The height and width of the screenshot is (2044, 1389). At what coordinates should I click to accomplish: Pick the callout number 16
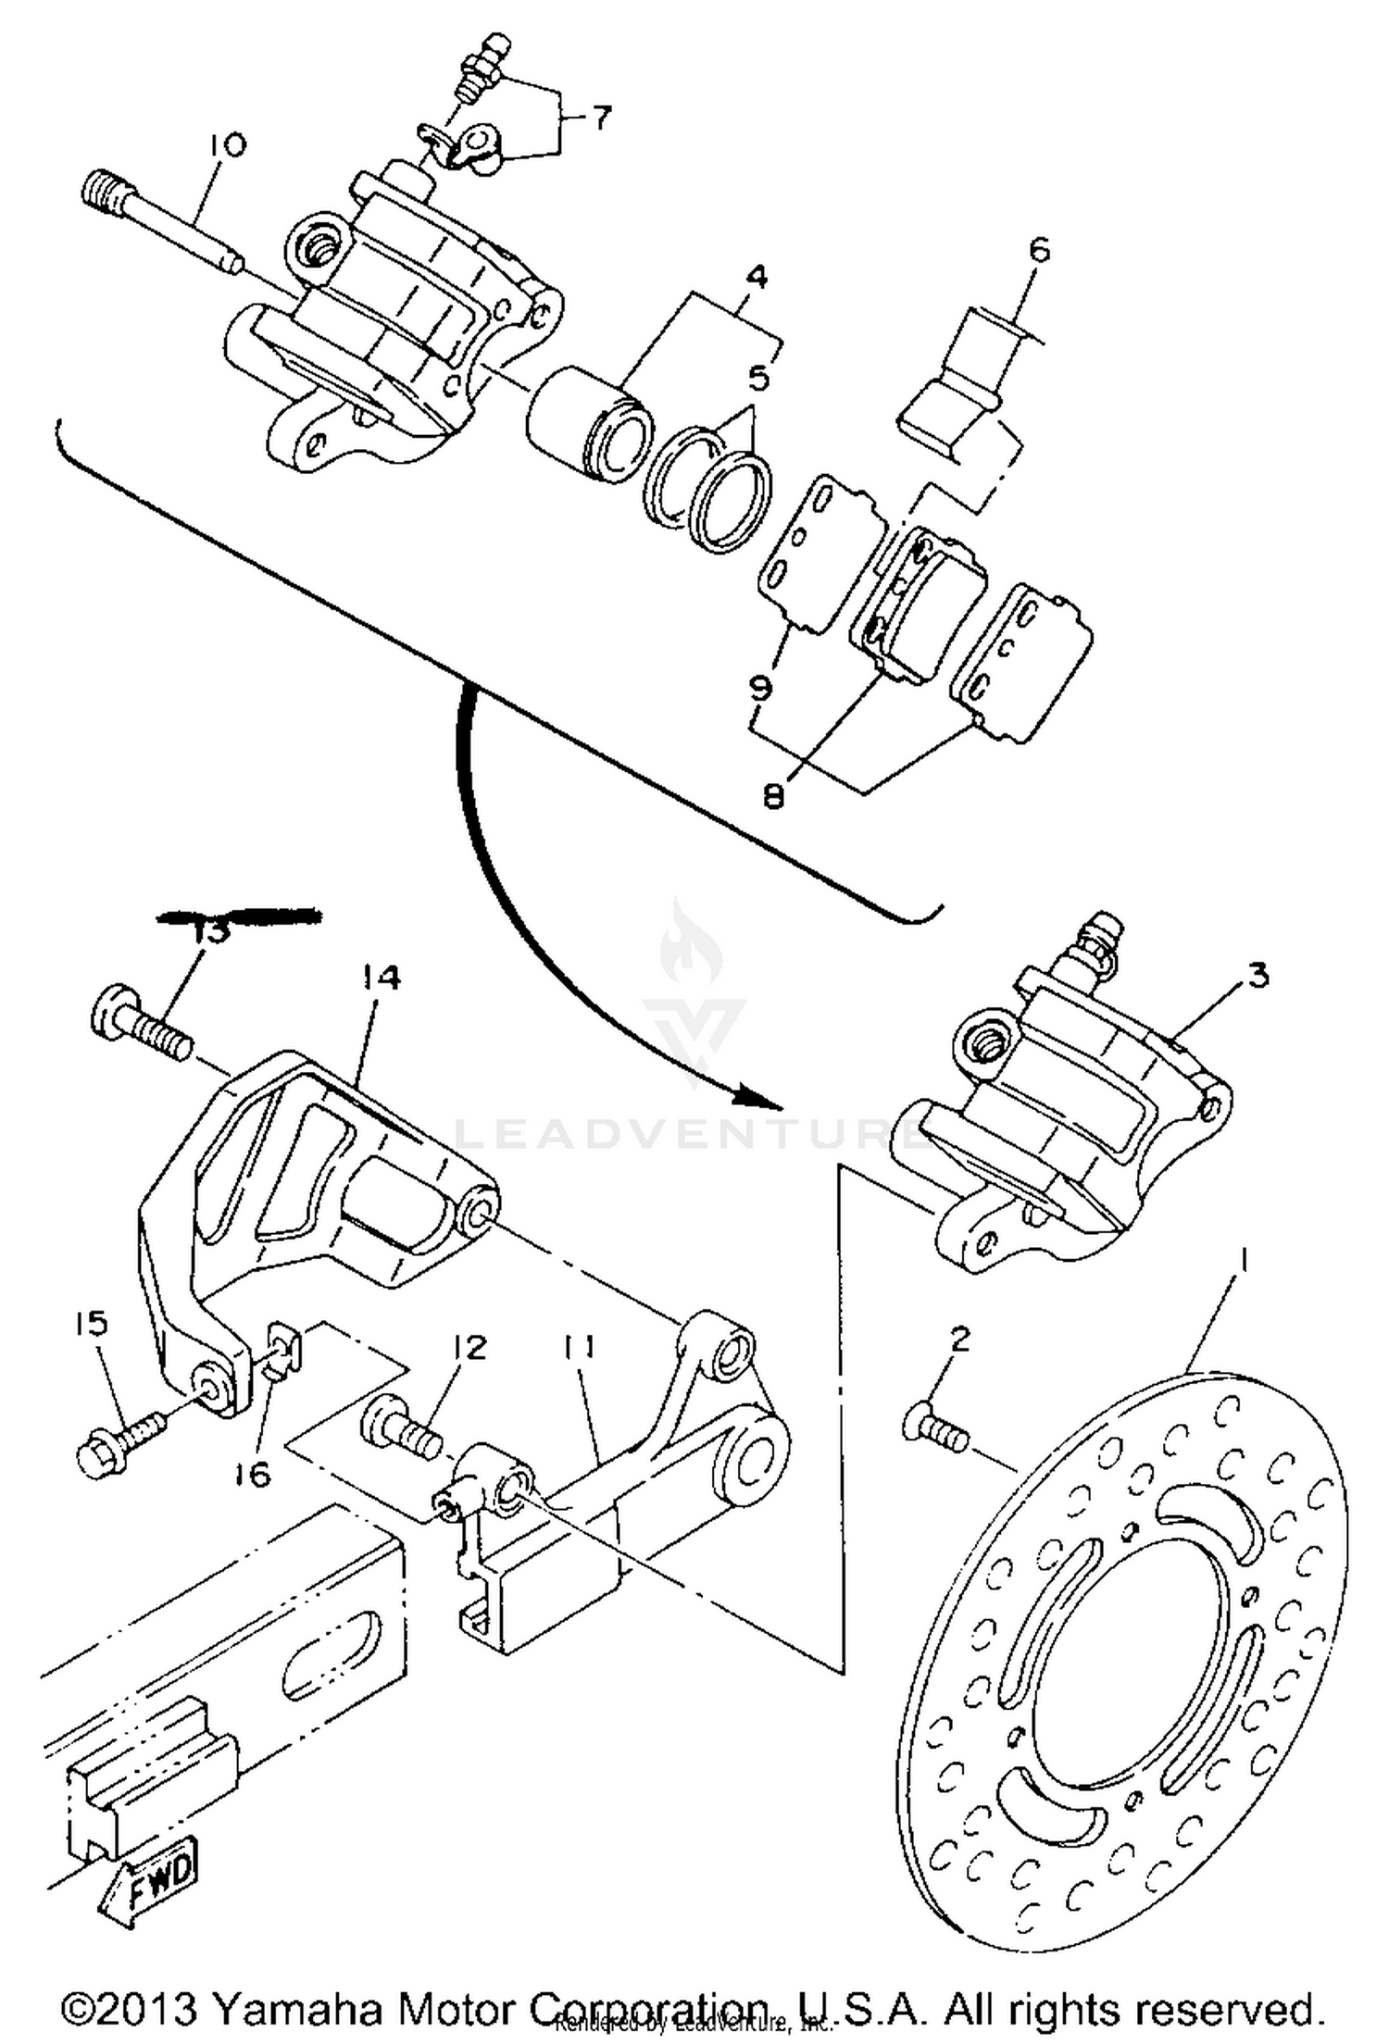[x=253, y=1473]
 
